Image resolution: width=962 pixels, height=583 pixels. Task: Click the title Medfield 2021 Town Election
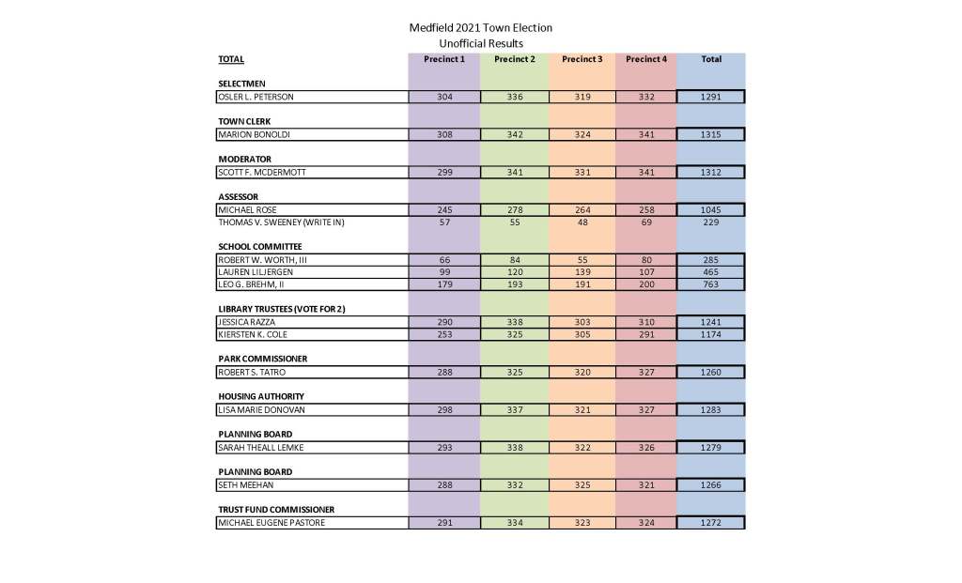click(x=481, y=28)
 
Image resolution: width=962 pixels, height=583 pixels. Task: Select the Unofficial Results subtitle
click(x=481, y=43)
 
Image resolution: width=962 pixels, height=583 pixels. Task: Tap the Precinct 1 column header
click(x=443, y=59)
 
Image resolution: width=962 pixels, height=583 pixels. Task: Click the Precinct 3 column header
click(x=582, y=59)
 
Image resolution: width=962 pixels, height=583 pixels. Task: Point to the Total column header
click(x=711, y=59)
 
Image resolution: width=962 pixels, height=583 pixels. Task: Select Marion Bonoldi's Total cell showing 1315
click(x=711, y=134)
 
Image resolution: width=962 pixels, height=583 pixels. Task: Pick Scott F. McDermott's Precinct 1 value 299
click(x=443, y=172)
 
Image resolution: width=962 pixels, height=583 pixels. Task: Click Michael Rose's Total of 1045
click(x=711, y=209)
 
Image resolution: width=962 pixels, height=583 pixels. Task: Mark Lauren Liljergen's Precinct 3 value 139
click(x=582, y=271)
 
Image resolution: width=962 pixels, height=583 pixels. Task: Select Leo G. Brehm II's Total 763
click(x=711, y=284)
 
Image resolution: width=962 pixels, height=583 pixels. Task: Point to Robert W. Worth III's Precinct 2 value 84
click(x=514, y=259)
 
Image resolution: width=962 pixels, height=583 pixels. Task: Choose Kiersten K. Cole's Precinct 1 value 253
click(x=443, y=334)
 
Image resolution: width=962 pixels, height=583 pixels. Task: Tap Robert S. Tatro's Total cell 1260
click(x=711, y=372)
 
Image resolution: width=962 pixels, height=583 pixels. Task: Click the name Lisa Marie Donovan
click(x=262, y=409)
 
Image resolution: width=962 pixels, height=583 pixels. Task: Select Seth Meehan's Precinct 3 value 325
click(x=582, y=484)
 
